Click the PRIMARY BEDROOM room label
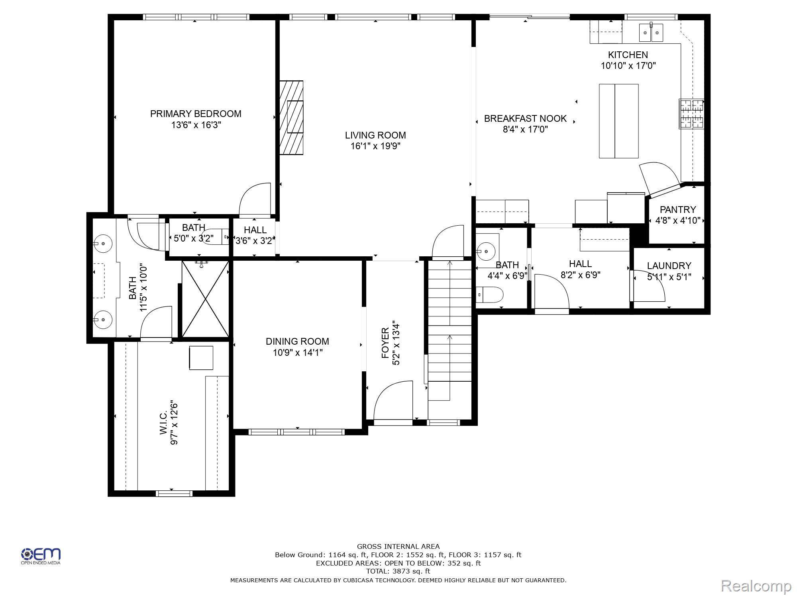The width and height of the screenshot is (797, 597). coord(195,114)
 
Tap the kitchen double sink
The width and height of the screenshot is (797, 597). coord(651,32)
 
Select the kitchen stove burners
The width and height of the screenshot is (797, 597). coord(691,114)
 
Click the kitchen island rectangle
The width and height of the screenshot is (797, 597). coord(619,121)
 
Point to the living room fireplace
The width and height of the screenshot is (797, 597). coord(291,117)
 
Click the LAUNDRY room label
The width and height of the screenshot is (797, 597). coord(669,266)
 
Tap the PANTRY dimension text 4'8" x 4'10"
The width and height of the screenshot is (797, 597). coord(678,220)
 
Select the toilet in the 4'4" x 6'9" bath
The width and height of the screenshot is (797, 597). coord(490,295)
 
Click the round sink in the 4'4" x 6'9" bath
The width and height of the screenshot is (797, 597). coord(487,251)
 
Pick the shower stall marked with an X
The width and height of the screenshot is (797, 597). coord(205,299)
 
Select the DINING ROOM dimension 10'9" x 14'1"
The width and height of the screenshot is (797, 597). coord(298,353)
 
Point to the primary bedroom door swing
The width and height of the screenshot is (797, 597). coord(255,199)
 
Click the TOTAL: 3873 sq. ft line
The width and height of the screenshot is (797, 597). coord(398,572)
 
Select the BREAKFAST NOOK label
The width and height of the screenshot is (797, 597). coord(525,119)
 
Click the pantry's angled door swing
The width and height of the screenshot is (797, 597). coord(660,177)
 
